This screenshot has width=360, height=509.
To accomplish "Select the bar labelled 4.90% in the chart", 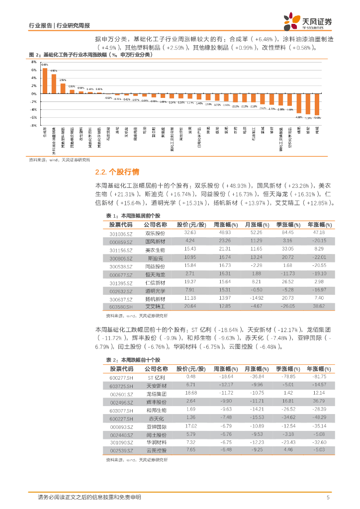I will tap(54, 84).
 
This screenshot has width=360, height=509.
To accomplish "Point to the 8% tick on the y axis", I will tap(34, 62).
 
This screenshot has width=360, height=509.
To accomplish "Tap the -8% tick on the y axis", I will tap(34, 126).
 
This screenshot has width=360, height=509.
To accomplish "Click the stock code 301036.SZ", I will tap(121, 233).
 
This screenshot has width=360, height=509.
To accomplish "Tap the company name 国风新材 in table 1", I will tap(156, 242).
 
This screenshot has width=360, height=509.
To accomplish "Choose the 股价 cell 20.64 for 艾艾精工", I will tap(190, 307).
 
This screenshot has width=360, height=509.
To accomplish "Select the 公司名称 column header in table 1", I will tap(156, 225).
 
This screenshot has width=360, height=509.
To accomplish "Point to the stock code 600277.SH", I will tap(121, 377).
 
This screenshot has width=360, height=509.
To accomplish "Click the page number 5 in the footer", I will tap(328, 497).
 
